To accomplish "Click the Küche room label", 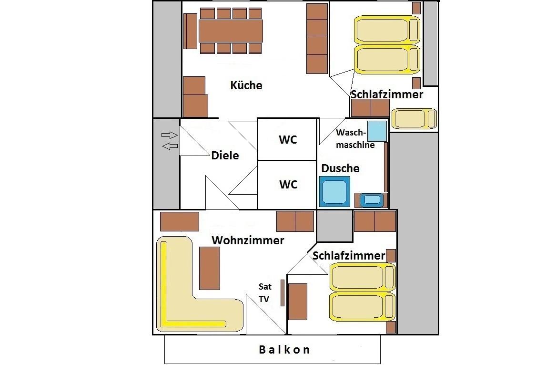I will coord(246,85).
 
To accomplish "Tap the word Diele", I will coord(225,155).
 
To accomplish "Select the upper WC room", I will coord(288,140).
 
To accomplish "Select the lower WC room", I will coord(288,184).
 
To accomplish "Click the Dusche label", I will coord(340,168).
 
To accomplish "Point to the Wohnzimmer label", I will coord(248,240).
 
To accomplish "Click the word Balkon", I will coord(284,350).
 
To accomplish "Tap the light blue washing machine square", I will coord(377,130).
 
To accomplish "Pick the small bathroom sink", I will coord(372,200).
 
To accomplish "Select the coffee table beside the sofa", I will coord(210,268).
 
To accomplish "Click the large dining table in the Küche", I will coord(231,31).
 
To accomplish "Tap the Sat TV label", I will coord(265,293).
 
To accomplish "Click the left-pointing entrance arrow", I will coord(170,146).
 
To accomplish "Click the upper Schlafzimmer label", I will coord(387,94).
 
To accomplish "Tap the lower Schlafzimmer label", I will coord(349,256).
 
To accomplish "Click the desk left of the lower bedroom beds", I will coord(298,302).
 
